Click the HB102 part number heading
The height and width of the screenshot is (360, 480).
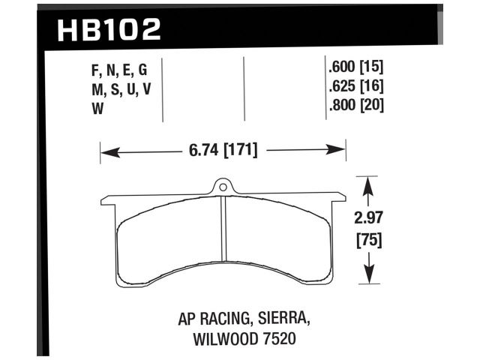(x=109, y=30)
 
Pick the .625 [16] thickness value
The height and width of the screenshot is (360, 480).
(x=356, y=88)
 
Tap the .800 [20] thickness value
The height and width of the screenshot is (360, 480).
(x=356, y=106)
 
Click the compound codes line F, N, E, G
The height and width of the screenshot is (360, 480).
(x=118, y=70)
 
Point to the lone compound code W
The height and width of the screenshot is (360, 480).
(x=97, y=106)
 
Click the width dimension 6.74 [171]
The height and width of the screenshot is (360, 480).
(x=222, y=151)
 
